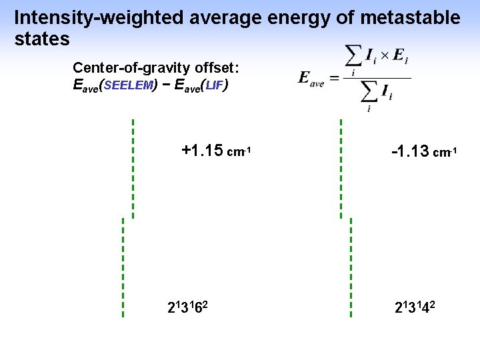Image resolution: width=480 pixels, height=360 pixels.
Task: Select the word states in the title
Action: point(41,39)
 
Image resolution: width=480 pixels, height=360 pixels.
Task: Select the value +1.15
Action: point(202,151)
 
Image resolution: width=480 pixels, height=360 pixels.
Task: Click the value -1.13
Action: point(410,151)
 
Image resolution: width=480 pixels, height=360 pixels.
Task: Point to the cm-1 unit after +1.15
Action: point(239,152)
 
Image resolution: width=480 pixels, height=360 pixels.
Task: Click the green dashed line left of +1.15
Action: point(133,169)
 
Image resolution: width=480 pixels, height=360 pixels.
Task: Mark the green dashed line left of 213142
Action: point(351,267)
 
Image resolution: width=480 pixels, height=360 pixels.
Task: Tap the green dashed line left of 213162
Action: point(123,267)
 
